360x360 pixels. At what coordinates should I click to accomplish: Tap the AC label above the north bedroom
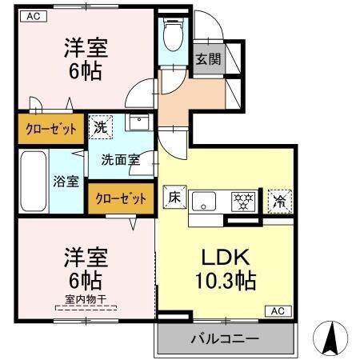[34, 15]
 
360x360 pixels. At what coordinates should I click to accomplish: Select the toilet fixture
[170, 36]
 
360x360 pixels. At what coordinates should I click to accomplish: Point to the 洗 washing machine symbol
[101, 126]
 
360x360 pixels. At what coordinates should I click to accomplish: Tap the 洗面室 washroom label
[120, 158]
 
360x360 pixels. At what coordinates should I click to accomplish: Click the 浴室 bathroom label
[66, 181]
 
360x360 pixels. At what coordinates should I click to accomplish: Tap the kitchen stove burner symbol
[241, 200]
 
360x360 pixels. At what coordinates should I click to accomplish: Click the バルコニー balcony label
[224, 338]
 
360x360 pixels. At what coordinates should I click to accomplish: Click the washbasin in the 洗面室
[138, 123]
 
